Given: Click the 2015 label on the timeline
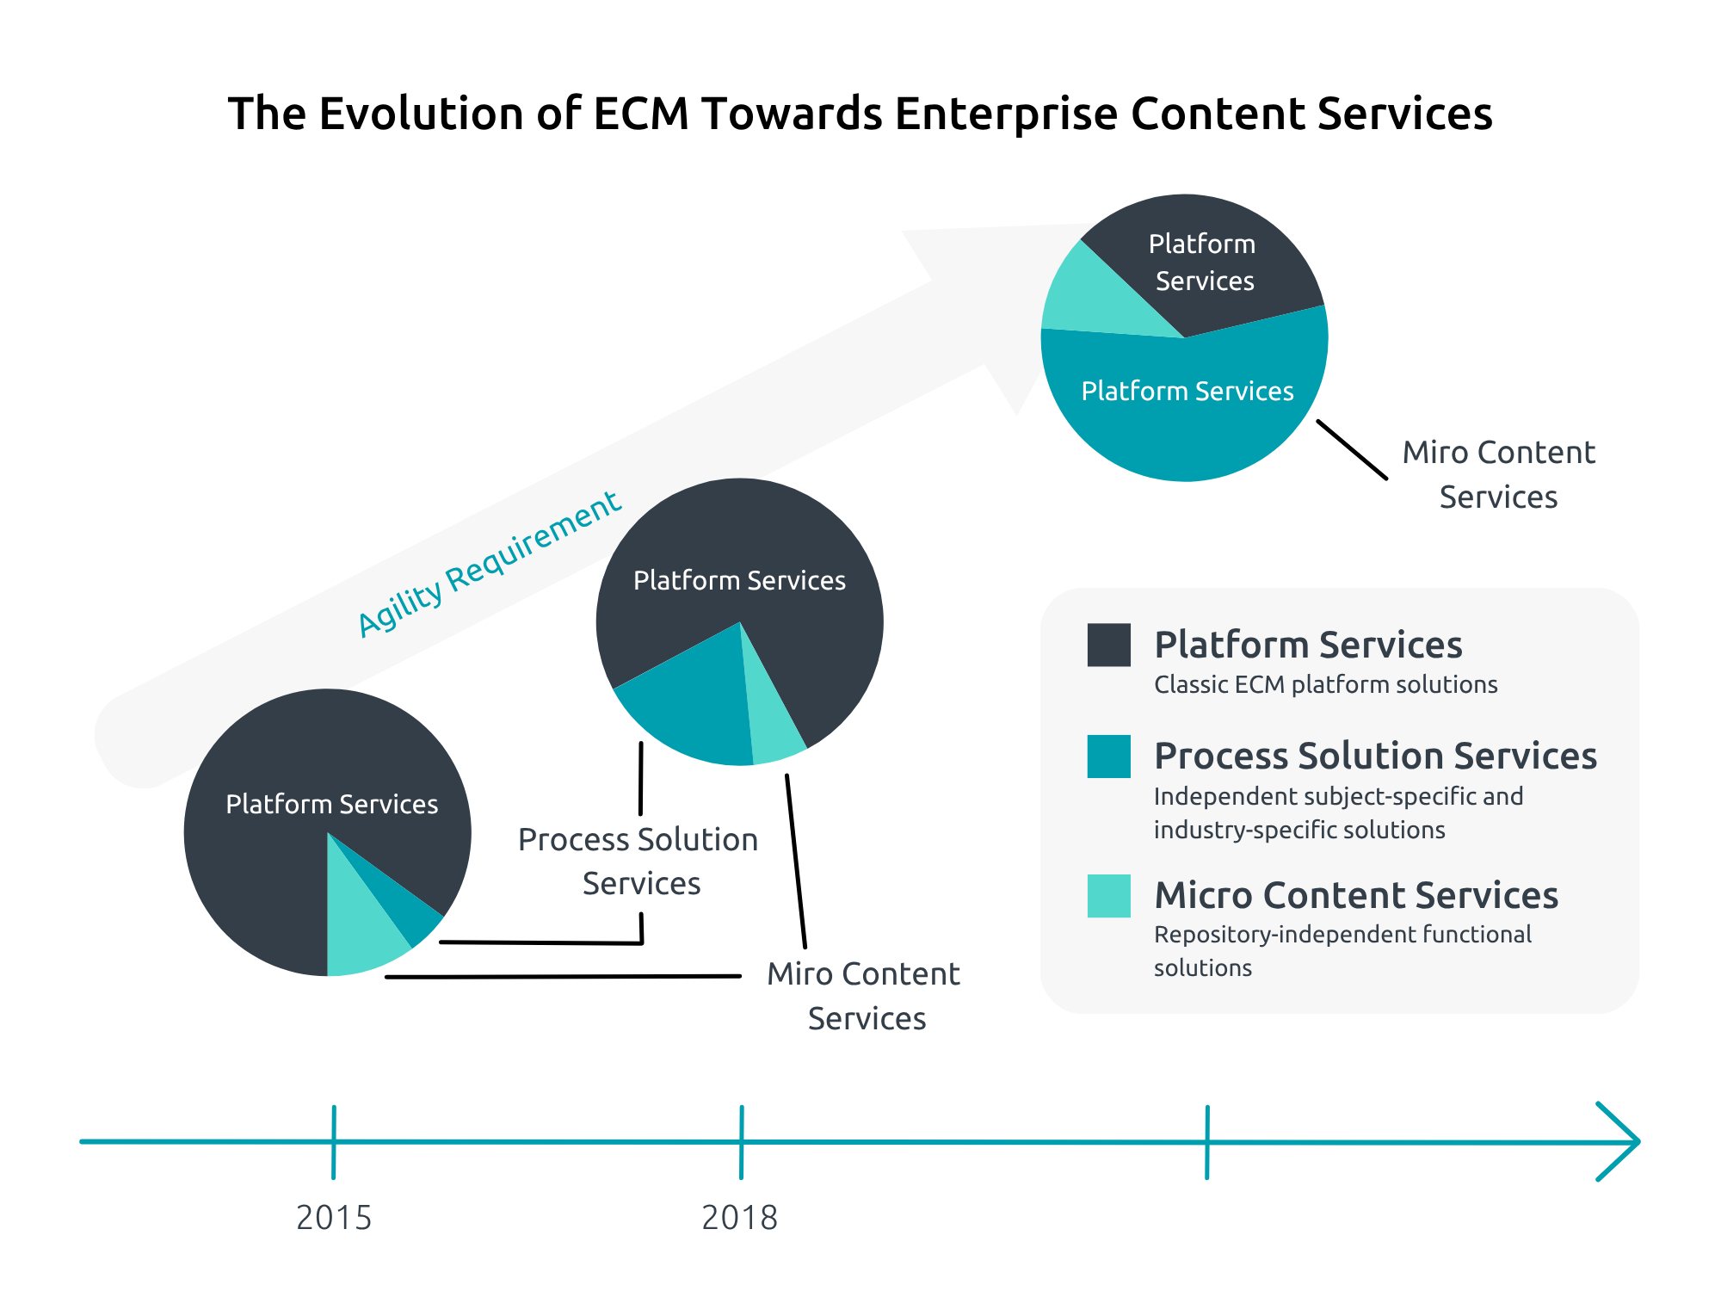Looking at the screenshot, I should coord(334,1217).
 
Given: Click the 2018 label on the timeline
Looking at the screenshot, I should coord(740,1217).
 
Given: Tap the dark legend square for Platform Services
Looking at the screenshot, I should coord(1108,645).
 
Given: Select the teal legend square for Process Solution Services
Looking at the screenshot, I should coord(1108,757).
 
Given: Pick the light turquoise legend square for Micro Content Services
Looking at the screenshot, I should coord(1108,896).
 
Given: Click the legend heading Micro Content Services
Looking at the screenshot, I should coord(1356,895).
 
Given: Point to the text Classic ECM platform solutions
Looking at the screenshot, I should coord(1325,685).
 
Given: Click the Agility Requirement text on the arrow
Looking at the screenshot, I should coord(489,564).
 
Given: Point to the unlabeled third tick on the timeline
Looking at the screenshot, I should coord(1207,1142).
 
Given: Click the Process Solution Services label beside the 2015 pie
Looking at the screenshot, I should coord(638,862).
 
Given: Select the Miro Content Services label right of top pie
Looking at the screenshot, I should coord(1499,474).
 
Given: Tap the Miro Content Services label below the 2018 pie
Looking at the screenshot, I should coord(865,996).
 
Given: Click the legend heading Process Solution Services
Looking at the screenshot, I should coord(1375,756).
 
